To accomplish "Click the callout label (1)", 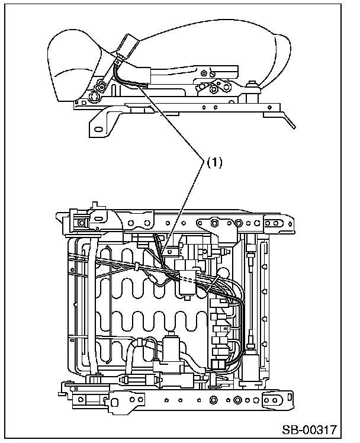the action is pyautogui.click(x=214, y=163).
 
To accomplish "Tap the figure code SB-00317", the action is pyautogui.click(x=310, y=430).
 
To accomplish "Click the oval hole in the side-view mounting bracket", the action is pyautogui.click(x=98, y=129).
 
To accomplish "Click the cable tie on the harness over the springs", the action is pyautogui.click(x=137, y=266).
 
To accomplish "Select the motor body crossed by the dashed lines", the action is pyautogui.click(x=188, y=284).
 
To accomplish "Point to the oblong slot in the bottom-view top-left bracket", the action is pyautogui.click(x=99, y=219).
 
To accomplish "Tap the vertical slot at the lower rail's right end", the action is pyautogui.click(x=290, y=397).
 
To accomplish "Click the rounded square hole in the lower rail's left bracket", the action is pyautogui.click(x=115, y=402).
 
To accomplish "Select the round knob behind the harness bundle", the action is pyautogui.click(x=223, y=273).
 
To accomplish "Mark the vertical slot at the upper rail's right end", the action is pyautogui.click(x=290, y=224).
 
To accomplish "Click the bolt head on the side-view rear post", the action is pyautogui.click(x=251, y=84).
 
